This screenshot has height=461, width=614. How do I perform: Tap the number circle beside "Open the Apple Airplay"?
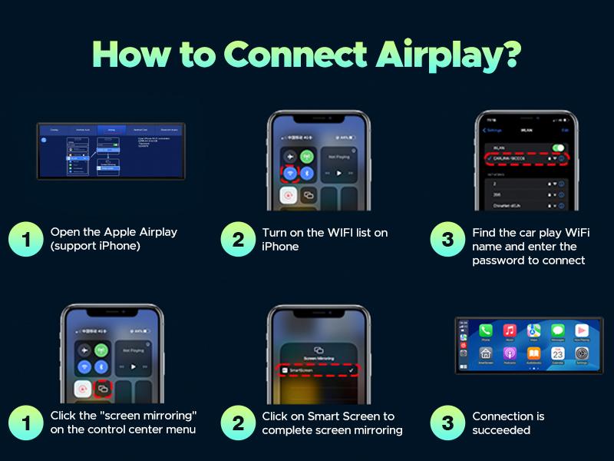pos(25,239)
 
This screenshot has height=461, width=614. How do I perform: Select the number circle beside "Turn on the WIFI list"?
pos(237,239)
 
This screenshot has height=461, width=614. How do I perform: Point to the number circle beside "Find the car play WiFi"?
pos(447,239)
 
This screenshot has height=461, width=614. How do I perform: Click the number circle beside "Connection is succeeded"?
pos(447,423)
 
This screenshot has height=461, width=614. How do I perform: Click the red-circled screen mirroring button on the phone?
pos(103,390)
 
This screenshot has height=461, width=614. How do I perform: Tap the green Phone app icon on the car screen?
pos(486,330)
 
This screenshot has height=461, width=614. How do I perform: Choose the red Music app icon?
pos(510,330)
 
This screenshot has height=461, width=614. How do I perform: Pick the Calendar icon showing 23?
pos(557,353)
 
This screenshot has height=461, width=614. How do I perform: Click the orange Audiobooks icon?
pos(533,353)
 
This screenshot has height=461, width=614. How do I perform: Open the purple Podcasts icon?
pos(510,353)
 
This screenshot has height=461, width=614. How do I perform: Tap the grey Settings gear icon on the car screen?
pos(581,353)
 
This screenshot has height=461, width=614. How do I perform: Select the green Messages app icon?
pos(557,330)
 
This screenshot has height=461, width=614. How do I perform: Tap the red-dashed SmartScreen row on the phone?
pos(318,371)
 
